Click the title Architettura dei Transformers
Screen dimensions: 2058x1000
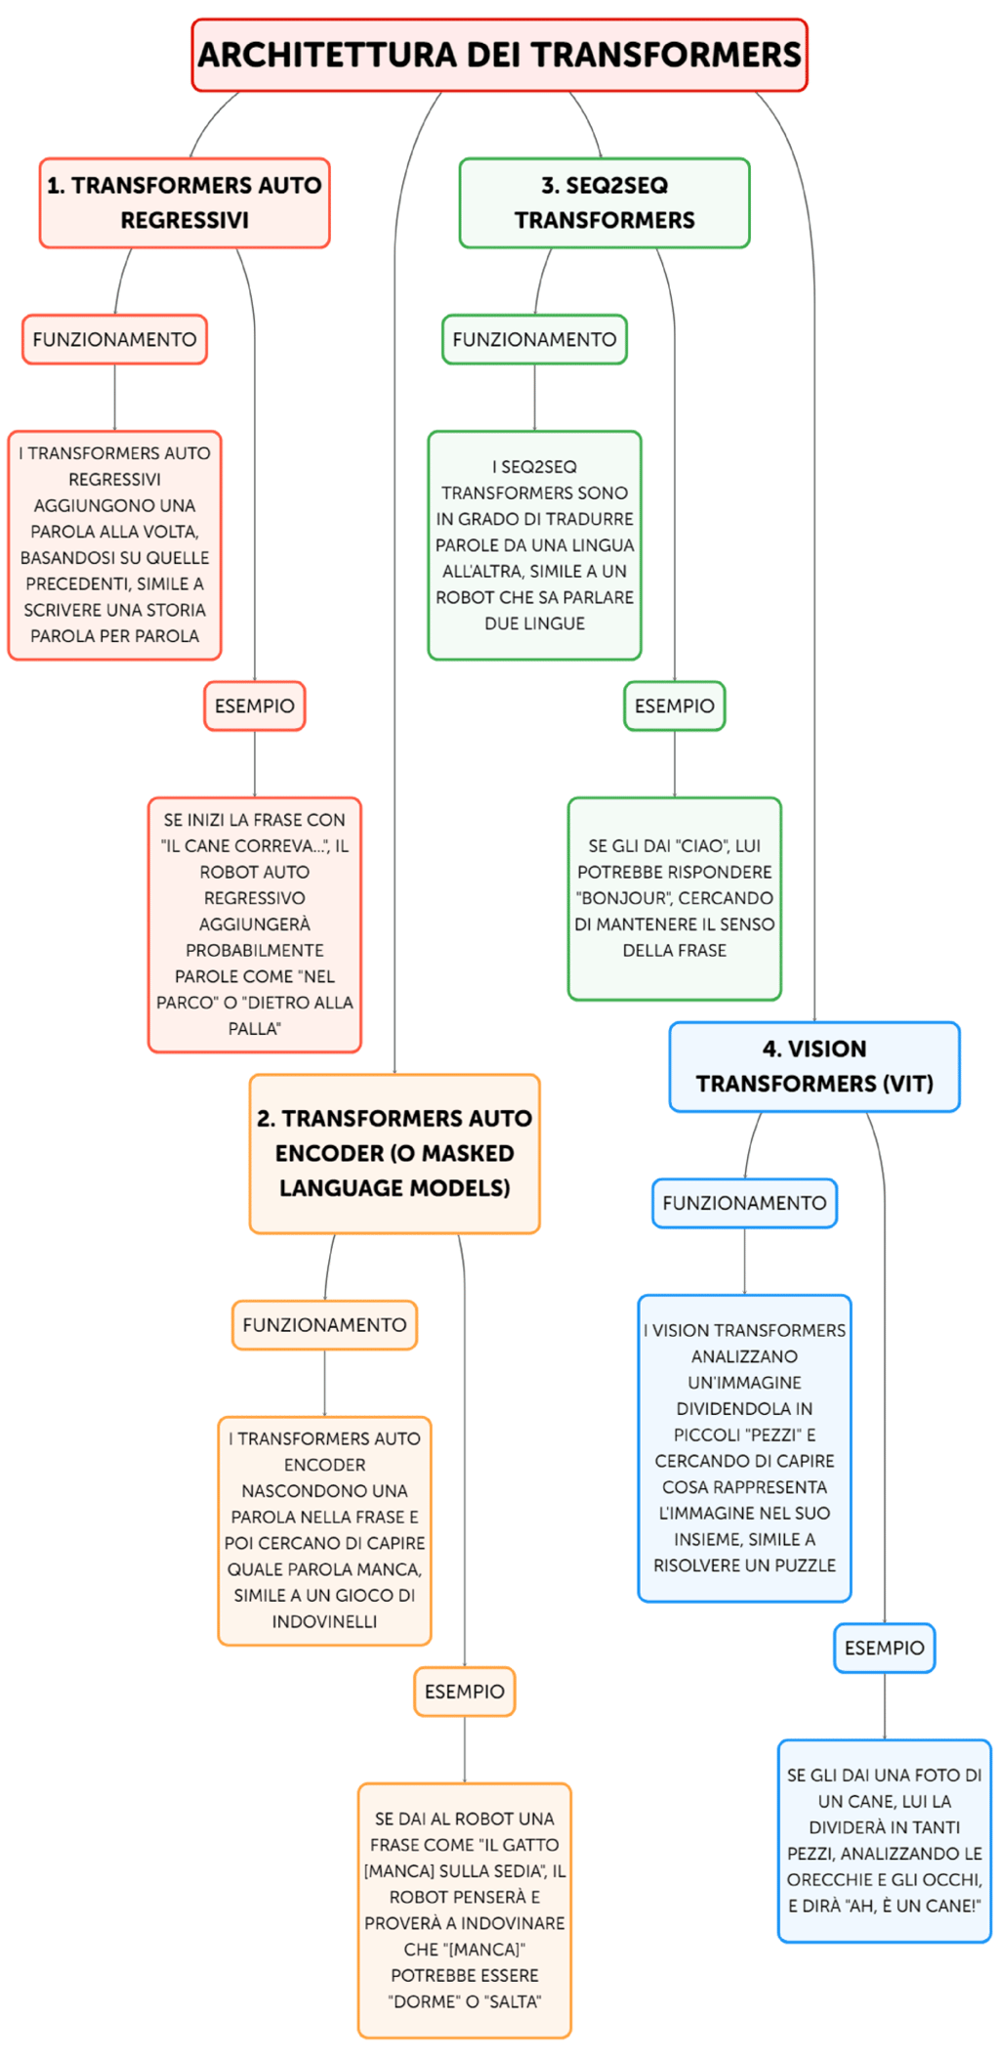tap(499, 55)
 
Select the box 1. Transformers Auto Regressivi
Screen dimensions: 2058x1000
tap(185, 202)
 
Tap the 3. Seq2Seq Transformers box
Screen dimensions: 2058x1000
tap(604, 202)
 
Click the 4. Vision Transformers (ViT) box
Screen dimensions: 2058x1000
tap(814, 1066)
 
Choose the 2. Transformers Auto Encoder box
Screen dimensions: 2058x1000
tap(395, 1153)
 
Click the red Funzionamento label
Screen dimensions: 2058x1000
tap(114, 339)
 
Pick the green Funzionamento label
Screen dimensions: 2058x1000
tap(534, 339)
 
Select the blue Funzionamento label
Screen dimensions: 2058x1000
tap(744, 1203)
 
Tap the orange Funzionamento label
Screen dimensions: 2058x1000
tap(324, 1325)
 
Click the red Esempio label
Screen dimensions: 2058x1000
tap(254, 706)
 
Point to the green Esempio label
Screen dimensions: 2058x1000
tap(674, 706)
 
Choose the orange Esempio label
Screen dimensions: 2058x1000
tap(464, 1692)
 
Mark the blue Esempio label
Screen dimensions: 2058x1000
tap(884, 1648)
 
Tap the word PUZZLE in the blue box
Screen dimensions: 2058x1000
tap(799, 1565)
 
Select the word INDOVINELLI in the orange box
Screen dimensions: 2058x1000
tap(324, 1621)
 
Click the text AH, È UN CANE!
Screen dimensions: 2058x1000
tap(913, 1906)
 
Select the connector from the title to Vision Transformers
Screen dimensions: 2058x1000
tap(813, 586)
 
